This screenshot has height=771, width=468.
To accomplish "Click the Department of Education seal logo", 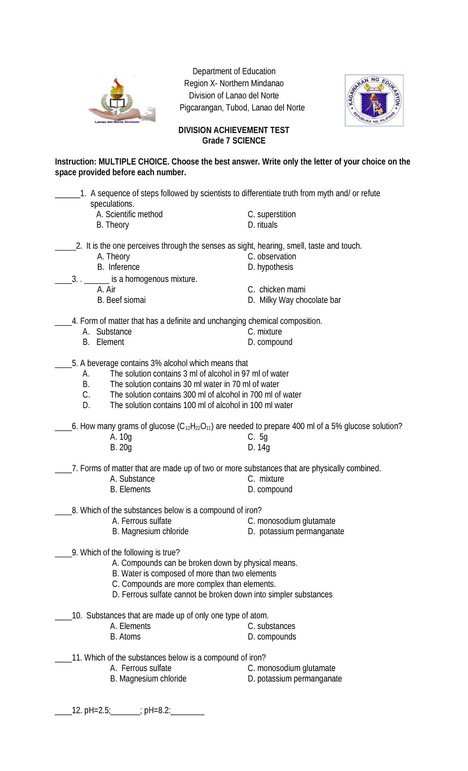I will (374, 101).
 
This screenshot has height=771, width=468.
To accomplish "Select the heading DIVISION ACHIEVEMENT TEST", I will (234, 130).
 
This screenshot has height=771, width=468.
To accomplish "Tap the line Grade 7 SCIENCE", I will (234, 141).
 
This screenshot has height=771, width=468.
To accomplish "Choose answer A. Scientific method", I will (129, 214).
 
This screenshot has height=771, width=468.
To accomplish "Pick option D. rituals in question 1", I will (262, 225).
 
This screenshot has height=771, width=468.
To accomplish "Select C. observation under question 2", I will (272, 256).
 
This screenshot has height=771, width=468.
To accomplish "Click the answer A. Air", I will (106, 290).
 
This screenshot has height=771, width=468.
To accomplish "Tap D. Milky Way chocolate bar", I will (294, 300).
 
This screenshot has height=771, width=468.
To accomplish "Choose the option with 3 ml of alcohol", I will (199, 374).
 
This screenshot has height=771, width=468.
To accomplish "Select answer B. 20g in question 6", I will (121, 448).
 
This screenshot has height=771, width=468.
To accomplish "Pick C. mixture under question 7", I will (266, 479).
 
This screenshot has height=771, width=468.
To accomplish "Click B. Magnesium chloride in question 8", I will (150, 531).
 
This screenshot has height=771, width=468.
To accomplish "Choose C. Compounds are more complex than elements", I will (194, 584).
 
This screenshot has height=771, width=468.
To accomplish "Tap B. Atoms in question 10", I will (125, 637).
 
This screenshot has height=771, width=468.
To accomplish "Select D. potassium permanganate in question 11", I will (295, 679).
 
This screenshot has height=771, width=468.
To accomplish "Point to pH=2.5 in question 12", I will (97, 711).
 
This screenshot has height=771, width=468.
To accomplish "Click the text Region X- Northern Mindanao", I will (234, 83).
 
